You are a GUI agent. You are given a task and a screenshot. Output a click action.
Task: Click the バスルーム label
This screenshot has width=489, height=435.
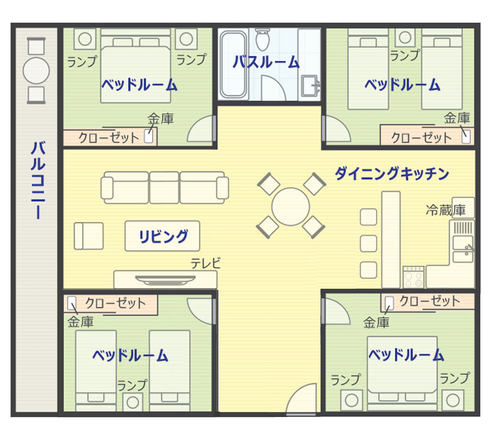pyautogui.click(x=266, y=62)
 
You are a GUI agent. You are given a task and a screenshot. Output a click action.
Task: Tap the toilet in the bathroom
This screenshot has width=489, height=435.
pyautogui.click(x=262, y=39)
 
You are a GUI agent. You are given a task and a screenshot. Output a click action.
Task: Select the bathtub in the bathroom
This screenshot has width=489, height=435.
pyautogui.click(x=233, y=64)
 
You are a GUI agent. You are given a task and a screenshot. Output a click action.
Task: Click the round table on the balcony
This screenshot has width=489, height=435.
pyautogui.click(x=36, y=71)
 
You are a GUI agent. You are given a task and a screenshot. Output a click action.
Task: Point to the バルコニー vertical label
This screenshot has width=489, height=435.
pyautogui.click(x=38, y=180)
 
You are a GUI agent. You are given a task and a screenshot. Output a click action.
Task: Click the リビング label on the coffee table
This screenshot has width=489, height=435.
pyautogui.click(x=163, y=236)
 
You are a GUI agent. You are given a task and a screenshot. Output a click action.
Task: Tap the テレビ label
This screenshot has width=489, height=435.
pyautogui.click(x=205, y=263)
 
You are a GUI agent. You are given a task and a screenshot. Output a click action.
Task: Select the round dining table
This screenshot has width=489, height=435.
pyautogui.click(x=290, y=206)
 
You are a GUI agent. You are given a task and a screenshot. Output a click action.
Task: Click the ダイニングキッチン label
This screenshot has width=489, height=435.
pyautogui.click(x=392, y=173)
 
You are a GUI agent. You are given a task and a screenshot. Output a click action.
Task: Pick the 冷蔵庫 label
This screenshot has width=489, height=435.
pyautogui.click(x=446, y=210)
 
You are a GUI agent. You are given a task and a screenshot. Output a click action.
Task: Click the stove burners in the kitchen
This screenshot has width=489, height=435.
pyautogui.click(x=413, y=277)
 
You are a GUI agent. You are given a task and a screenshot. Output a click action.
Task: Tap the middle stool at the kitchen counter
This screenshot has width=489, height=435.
pyautogui.click(x=368, y=244)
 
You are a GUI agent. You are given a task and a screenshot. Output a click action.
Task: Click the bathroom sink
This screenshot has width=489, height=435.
pyautogui.click(x=310, y=85)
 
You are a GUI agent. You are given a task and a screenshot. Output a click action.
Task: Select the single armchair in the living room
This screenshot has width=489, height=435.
pyautogui.click(x=89, y=236)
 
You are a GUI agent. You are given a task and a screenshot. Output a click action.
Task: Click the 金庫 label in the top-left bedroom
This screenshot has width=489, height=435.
pyautogui.click(x=160, y=119)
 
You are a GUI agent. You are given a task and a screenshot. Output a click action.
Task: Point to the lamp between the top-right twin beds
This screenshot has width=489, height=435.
pyautogui.click(x=405, y=38)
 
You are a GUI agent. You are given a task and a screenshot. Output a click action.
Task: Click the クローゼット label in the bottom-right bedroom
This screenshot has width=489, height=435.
pyautogui.click(x=430, y=301)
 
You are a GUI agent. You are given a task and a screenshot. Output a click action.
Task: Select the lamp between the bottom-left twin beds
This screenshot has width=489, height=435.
pyautogui.click(x=133, y=402)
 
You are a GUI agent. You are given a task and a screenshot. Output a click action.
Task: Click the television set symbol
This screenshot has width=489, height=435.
pyautogui.click(x=165, y=280)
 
